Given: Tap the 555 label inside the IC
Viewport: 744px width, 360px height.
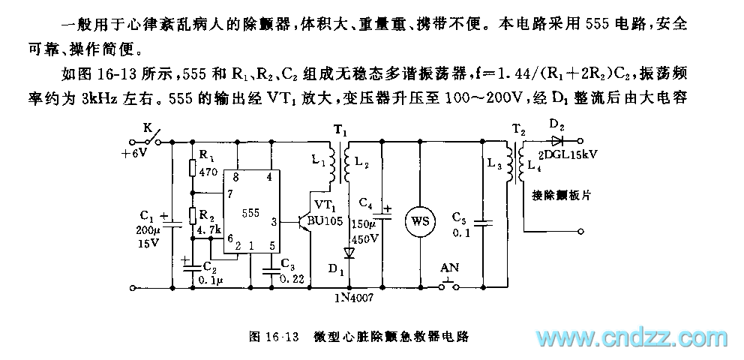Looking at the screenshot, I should click(252, 213).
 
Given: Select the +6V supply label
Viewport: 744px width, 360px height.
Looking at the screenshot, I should click(136, 152).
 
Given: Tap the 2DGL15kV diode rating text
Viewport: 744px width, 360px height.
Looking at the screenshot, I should click(572, 156).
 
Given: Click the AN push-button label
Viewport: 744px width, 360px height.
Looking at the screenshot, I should click(449, 267).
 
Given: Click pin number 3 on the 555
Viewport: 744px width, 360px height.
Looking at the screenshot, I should click(274, 221).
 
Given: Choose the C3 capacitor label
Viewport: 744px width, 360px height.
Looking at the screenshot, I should click(287, 264).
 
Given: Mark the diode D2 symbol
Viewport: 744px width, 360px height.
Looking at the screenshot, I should click(556, 139).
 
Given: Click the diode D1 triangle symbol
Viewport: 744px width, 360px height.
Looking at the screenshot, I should click(349, 253).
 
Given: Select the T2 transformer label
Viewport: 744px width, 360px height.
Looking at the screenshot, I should click(517, 129).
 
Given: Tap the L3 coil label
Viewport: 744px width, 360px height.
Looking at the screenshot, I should click(495, 165).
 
